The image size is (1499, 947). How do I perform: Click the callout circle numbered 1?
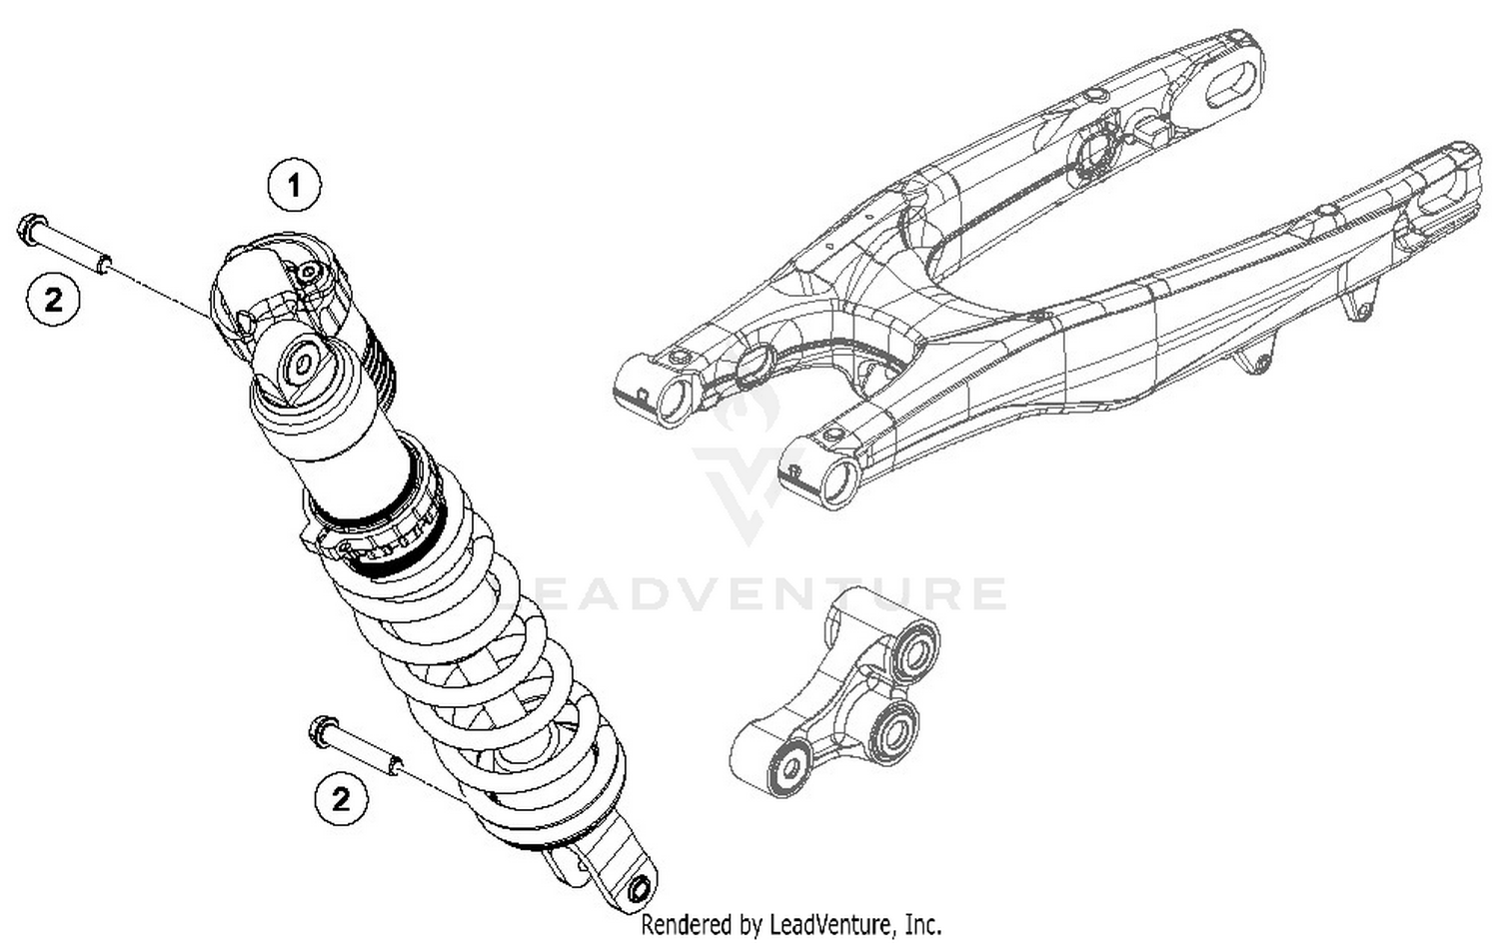coord(294,186)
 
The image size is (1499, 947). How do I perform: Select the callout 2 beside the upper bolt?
coord(53,299)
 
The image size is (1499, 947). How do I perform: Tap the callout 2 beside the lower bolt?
coord(341,800)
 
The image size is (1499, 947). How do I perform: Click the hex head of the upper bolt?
coord(30,229)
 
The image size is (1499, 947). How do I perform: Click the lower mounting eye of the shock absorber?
coord(637,888)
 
